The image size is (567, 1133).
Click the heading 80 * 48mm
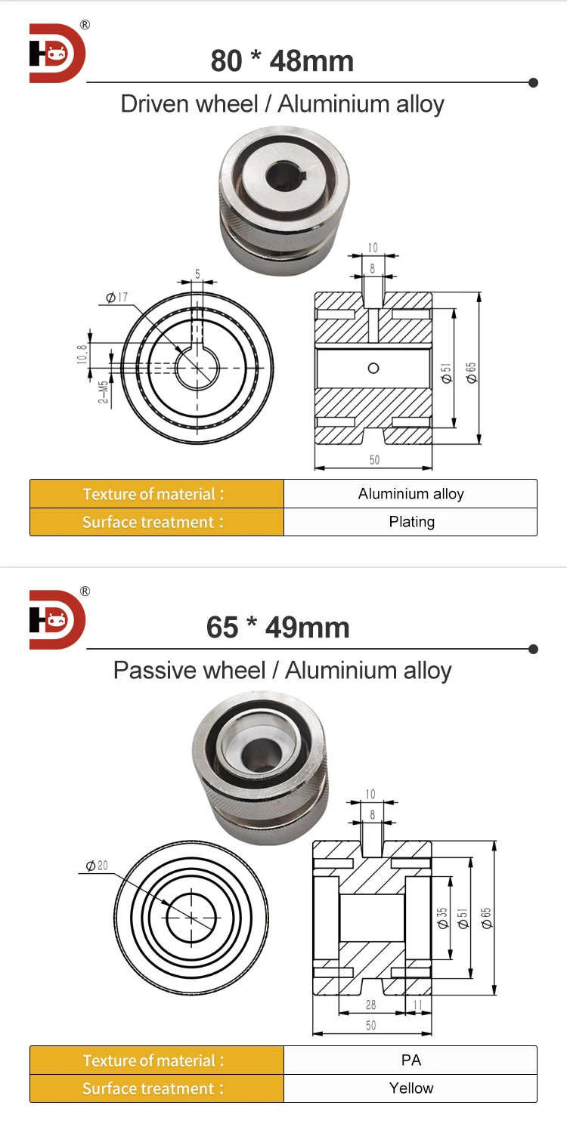pos(282,60)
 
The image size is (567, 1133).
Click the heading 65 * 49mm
pos(277,627)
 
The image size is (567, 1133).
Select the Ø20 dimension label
pos(96,866)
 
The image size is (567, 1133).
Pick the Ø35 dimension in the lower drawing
pos(443,918)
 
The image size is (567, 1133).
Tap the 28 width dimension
pos(370,1005)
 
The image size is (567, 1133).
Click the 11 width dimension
pos(417,1005)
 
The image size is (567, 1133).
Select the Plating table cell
pos(411,522)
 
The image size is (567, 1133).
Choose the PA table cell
pos(411,1060)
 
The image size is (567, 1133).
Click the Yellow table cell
pos(411,1088)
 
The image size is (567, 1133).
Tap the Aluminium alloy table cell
pos(411,494)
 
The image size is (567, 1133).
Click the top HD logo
pos(57,53)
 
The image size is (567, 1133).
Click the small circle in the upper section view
pos(373,368)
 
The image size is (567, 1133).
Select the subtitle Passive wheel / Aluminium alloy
pos(282,670)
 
